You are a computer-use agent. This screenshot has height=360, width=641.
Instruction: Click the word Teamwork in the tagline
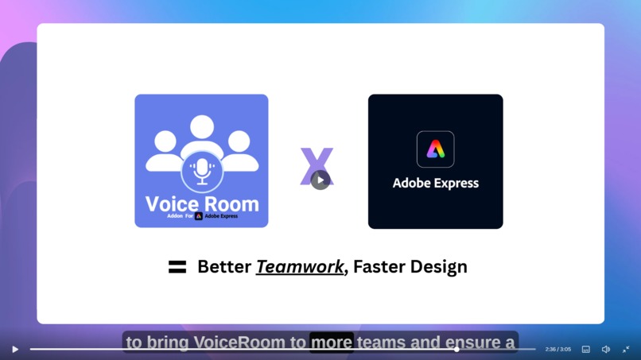300,267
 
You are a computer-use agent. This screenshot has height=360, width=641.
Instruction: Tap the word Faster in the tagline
378,267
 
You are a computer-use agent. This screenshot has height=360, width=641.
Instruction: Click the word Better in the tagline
223,267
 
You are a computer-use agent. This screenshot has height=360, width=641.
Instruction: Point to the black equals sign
177,267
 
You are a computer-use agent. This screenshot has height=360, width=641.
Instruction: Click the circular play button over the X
320,180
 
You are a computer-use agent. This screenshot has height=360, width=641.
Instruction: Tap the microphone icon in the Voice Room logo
202,171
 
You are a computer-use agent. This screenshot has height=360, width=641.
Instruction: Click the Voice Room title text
202,203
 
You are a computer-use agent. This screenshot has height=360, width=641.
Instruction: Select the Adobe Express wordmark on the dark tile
436,184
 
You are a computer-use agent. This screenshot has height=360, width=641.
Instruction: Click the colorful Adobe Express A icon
436,149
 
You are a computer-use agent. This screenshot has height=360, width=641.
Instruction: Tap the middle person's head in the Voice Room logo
202,127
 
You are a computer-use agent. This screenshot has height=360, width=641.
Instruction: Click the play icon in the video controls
15,349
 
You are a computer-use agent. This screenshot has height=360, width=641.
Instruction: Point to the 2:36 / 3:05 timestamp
557,349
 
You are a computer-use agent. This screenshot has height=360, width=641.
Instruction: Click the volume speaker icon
606,349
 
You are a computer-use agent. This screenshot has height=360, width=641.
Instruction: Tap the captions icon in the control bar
586,349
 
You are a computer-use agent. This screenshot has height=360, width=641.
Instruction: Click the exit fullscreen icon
626,349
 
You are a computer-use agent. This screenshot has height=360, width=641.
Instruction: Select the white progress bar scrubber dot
456,349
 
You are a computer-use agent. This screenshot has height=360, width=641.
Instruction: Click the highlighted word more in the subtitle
331,343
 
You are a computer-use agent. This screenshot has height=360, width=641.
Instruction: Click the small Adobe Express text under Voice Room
221,216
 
